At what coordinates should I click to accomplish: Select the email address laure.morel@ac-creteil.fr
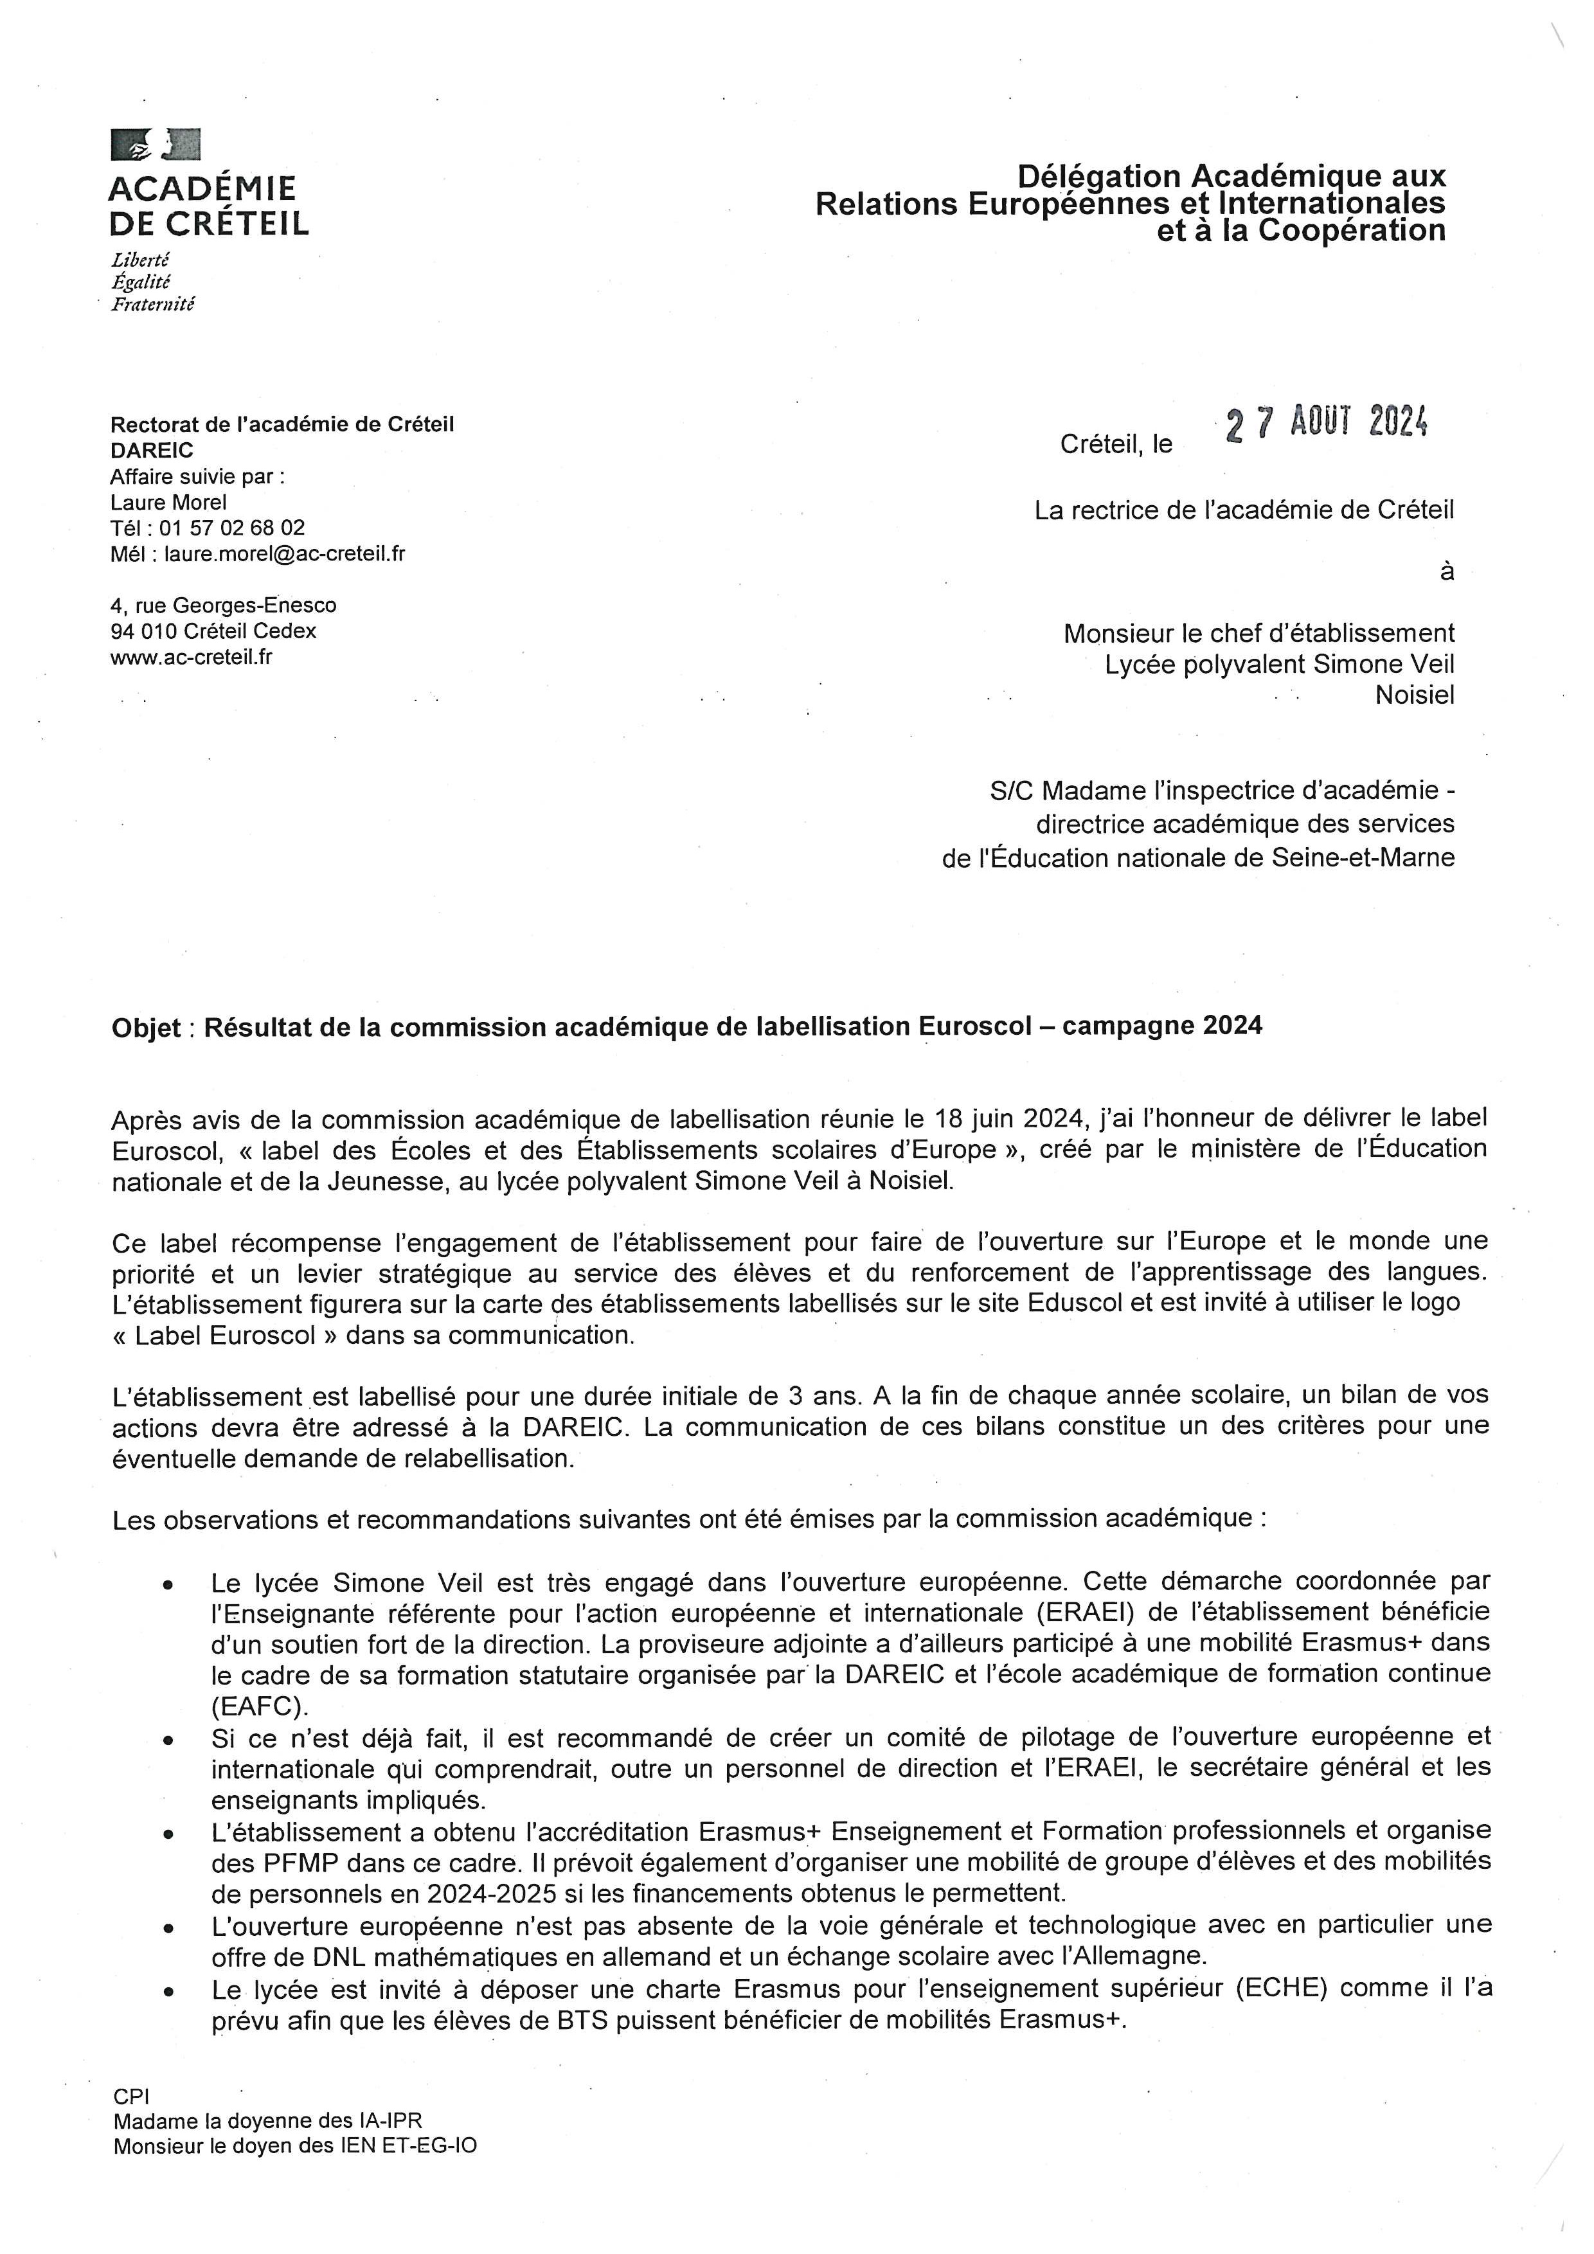tap(285, 553)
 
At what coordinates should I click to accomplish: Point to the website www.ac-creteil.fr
tap(192, 657)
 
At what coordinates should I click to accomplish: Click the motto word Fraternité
tap(153, 305)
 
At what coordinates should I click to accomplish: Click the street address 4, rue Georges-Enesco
tap(224, 605)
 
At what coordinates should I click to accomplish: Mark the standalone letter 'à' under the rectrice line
tap(1447, 571)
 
